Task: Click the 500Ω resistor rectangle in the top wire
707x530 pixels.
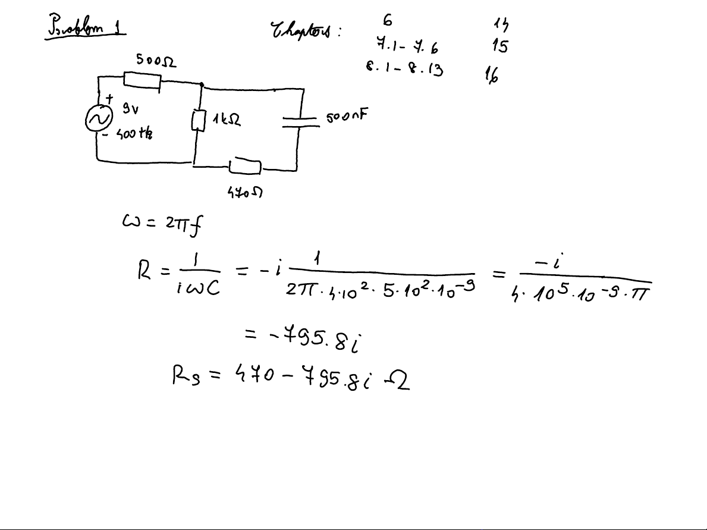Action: (x=142, y=80)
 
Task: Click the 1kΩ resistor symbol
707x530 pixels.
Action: (x=199, y=121)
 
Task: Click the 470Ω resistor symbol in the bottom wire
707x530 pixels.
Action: (x=246, y=167)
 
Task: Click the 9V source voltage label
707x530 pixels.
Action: (x=130, y=108)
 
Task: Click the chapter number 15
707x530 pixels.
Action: (x=499, y=46)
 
